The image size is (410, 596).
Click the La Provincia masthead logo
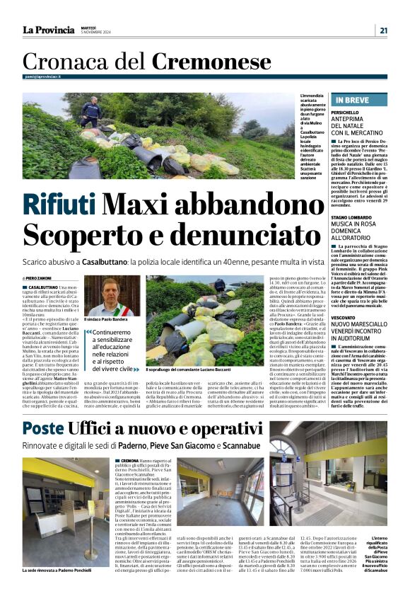48,30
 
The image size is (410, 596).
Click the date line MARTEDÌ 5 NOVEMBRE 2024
95,30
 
